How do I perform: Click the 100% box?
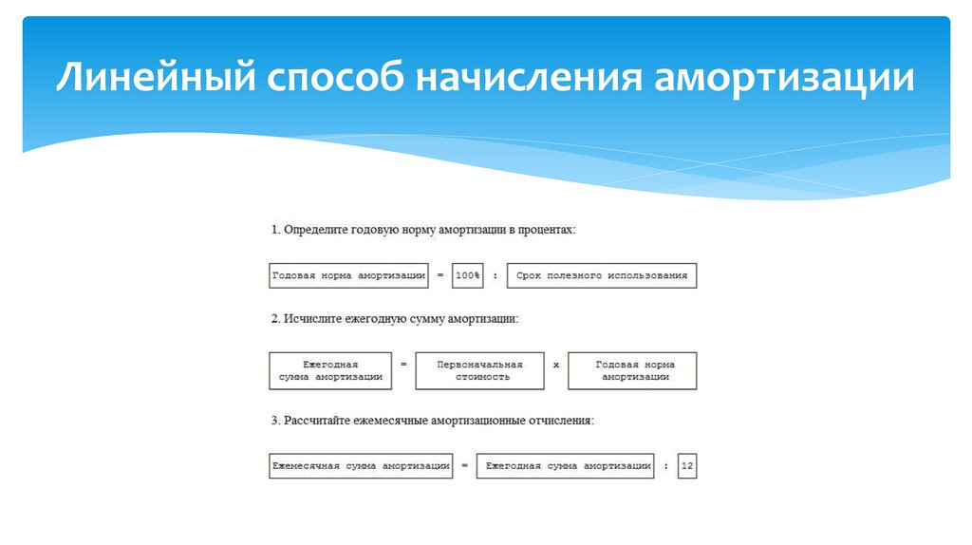[x=468, y=275]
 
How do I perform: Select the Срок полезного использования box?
[x=601, y=275]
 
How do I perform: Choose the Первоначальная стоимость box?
[x=479, y=370]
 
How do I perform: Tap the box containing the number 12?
[x=687, y=466]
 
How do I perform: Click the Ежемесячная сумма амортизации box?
[x=361, y=466]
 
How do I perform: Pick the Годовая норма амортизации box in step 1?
[x=348, y=275]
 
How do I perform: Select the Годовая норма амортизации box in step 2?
[x=632, y=370]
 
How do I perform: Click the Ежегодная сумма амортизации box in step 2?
[x=329, y=370]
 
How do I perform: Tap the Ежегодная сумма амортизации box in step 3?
[x=566, y=466]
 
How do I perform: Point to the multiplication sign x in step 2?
[x=556, y=365]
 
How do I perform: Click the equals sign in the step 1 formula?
[x=440, y=275]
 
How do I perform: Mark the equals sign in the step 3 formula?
[x=464, y=466]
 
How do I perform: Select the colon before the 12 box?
[x=666, y=466]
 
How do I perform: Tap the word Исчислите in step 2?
[x=312, y=321]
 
